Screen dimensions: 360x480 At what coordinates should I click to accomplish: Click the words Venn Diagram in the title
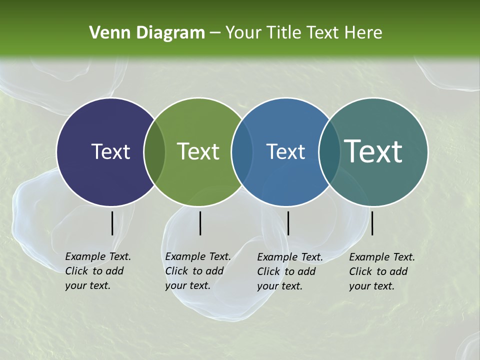(x=147, y=33)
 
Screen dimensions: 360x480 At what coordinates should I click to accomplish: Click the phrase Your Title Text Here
(x=303, y=33)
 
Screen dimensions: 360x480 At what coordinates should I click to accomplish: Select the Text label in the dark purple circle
(x=110, y=151)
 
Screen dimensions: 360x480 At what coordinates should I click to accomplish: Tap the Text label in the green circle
(x=198, y=151)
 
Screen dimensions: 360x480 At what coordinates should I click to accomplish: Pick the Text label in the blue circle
(x=285, y=151)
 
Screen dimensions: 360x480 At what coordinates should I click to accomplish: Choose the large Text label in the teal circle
(x=373, y=151)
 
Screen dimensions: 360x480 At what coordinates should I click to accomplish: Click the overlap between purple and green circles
(x=154, y=151)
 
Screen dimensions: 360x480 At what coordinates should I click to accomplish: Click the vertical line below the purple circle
(x=112, y=223)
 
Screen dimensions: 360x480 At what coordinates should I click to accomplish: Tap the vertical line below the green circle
(x=200, y=223)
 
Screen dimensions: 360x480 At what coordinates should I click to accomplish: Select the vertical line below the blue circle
(x=288, y=223)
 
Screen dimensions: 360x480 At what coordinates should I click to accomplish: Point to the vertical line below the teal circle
(x=372, y=223)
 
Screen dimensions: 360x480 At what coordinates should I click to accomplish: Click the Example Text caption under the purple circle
(x=97, y=271)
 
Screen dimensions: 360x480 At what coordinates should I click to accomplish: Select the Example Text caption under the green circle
(x=197, y=271)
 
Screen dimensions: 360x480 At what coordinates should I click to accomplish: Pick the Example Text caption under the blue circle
(x=289, y=271)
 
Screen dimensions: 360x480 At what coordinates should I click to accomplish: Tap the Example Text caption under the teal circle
(x=381, y=271)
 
